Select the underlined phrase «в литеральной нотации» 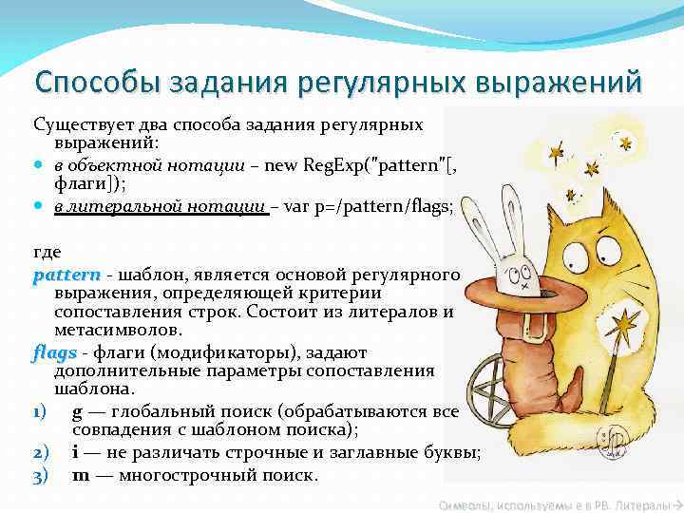(160, 208)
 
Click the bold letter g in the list (77, 411)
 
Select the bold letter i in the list (76, 452)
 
